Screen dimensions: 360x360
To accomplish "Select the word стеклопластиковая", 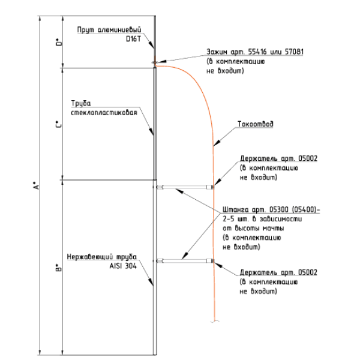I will (105, 112).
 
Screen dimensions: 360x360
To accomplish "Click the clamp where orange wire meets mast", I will (155, 62).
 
